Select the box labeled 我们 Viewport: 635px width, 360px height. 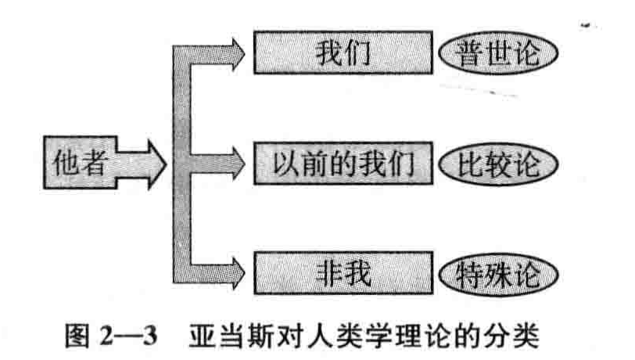click(x=344, y=54)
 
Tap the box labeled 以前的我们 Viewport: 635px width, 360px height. click(x=344, y=164)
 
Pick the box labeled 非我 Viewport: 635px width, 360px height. click(x=344, y=273)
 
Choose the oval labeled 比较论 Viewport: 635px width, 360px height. click(x=499, y=164)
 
